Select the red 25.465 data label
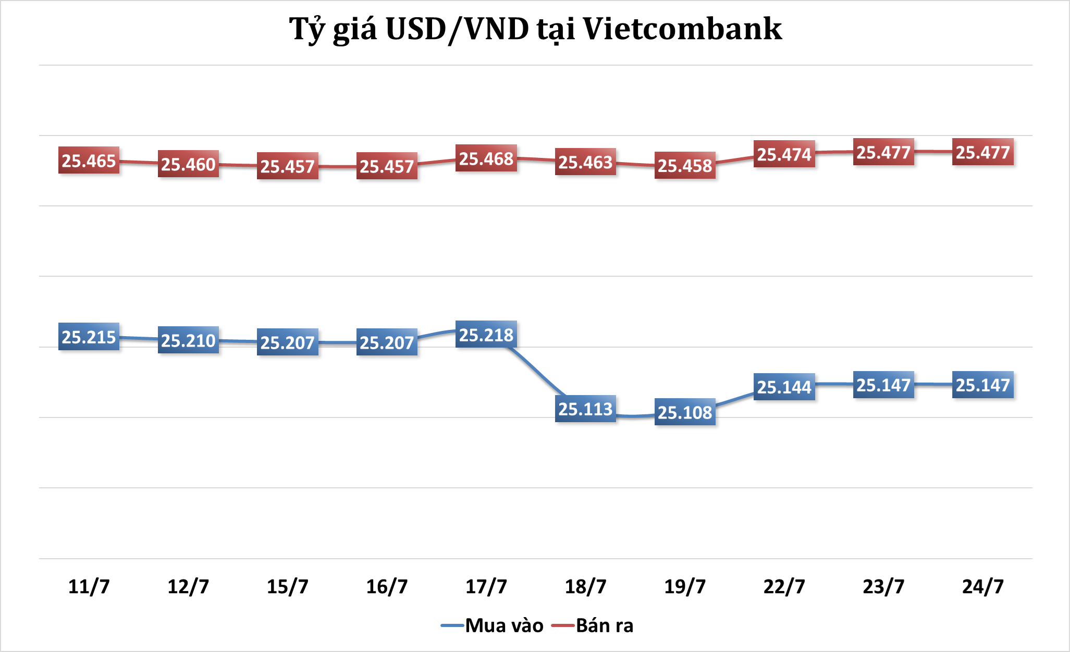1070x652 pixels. [89, 161]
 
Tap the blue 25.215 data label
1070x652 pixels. [89, 337]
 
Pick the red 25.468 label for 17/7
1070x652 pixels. [486, 158]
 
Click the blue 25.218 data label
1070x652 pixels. [486, 335]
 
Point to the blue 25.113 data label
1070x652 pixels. [585, 409]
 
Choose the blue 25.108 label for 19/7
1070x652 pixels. [685, 412]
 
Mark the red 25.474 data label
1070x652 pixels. [784, 154]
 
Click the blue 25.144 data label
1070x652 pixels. [784, 387]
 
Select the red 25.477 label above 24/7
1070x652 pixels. [982, 152]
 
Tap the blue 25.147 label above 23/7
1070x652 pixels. [883, 385]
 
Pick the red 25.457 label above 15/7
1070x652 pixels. [287, 166]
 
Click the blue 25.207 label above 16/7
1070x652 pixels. [387, 342]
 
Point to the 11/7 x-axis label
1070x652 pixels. [89, 586]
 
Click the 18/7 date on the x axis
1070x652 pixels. [585, 586]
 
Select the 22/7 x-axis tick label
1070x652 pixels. [784, 586]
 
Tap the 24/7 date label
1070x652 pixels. [982, 586]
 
